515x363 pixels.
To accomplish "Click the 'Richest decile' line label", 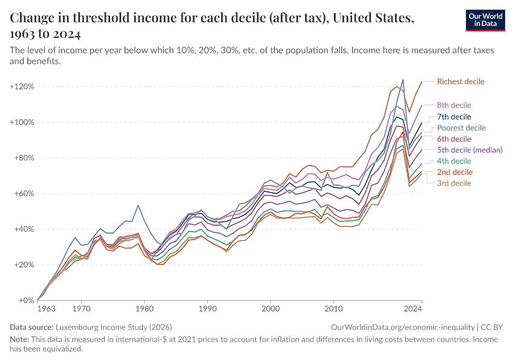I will click(460, 82).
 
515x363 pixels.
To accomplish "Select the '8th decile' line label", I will click(454, 105).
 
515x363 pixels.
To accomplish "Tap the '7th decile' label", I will click(454, 117).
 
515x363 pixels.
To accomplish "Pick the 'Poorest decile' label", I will click(461, 128).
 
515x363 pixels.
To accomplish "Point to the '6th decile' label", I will click(454, 139).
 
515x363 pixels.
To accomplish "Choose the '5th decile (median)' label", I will click(470, 150).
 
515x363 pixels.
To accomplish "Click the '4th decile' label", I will click(454, 162).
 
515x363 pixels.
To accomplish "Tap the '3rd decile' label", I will click(454, 183).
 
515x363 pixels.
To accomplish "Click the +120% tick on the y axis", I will click(22, 87).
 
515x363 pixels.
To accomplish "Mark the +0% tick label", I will click(26, 301).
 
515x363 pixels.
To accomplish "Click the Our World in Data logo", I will click(485, 20).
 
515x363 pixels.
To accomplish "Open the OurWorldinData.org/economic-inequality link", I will click(404, 327).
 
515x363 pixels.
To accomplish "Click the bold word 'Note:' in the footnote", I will click(21, 339).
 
